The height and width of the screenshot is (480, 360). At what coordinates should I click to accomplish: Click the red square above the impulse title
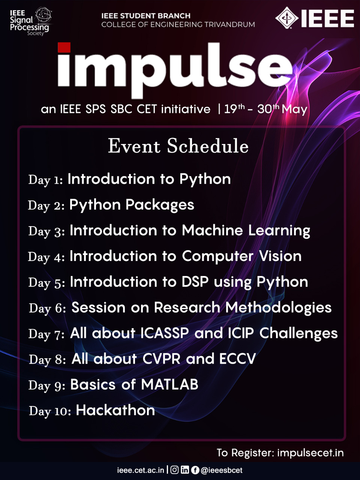(64, 48)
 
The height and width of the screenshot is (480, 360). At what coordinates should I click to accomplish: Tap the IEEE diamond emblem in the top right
(287, 18)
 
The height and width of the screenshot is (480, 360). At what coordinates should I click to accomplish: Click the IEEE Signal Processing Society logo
(30, 21)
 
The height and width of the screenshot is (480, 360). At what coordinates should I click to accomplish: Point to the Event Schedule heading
(178, 146)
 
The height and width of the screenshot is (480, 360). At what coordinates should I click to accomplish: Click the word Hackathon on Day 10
(115, 410)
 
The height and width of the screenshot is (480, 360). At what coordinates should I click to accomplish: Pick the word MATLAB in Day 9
(169, 384)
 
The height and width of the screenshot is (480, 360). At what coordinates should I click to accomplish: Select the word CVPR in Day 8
(162, 359)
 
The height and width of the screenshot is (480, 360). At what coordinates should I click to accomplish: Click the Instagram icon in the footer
(174, 470)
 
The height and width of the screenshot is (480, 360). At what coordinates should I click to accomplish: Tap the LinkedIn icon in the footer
(185, 470)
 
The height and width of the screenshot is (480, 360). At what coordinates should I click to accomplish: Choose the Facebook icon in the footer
(195, 470)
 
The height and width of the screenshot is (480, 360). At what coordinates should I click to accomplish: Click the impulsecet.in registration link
(310, 453)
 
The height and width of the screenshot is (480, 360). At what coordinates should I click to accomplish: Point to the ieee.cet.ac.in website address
(141, 470)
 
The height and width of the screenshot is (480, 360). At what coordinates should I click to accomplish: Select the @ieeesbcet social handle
(222, 470)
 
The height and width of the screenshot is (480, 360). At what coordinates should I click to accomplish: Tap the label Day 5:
(46, 282)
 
